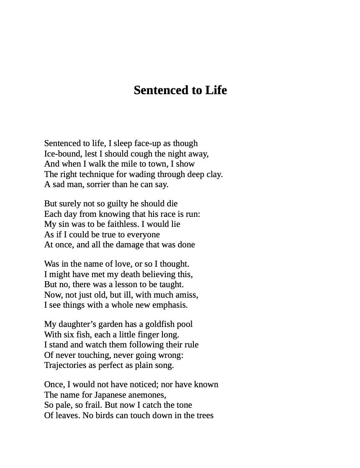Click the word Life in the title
click(216, 90)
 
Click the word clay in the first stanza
click(213, 174)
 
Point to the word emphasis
click(169, 305)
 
